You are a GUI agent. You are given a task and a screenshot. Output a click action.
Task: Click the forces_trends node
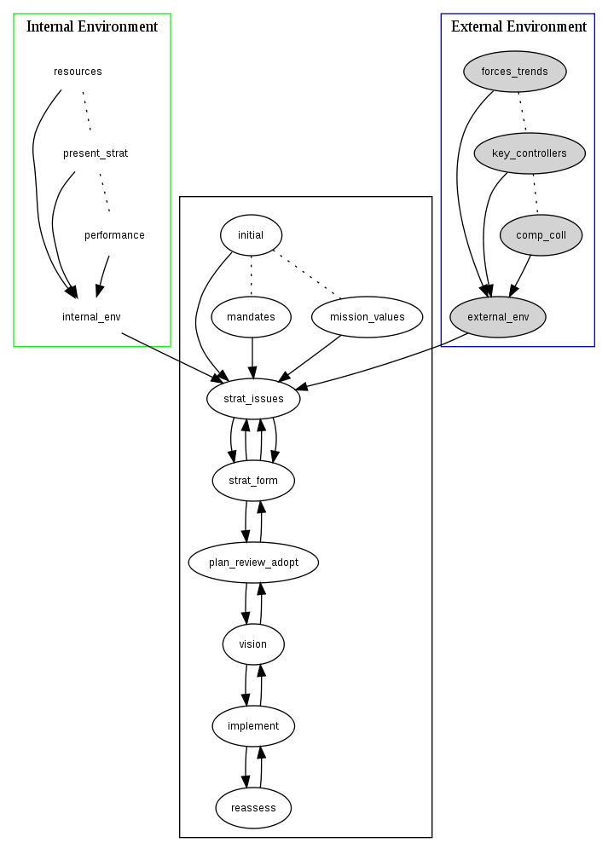[514, 72]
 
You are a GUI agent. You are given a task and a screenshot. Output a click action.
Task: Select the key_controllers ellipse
[530, 153]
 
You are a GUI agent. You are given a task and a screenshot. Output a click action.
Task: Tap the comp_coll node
[541, 235]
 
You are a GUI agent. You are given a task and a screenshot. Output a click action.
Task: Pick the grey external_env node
[498, 317]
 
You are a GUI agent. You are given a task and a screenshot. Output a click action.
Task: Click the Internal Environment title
[92, 26]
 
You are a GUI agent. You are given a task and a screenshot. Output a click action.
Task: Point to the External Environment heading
[518, 26]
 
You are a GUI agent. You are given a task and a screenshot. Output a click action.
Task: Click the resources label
[78, 72]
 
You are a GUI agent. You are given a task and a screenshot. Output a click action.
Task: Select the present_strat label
[96, 153]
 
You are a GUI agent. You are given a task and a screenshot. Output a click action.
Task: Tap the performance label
[114, 235]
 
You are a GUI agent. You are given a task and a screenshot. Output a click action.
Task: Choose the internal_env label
[91, 317]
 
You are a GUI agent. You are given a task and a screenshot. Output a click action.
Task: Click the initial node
[251, 235]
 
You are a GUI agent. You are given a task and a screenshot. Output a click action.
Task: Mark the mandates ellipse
[251, 317]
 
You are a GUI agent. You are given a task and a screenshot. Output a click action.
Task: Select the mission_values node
[368, 317]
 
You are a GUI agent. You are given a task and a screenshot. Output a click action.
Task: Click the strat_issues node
[253, 399]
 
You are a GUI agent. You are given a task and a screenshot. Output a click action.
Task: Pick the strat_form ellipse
[253, 481]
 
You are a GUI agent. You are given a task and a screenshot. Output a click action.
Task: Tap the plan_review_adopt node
[253, 563]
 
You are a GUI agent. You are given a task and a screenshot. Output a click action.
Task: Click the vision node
[253, 644]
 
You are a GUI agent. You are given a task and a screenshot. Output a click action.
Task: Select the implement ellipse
[253, 726]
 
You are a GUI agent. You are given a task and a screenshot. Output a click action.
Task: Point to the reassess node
[253, 807]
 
